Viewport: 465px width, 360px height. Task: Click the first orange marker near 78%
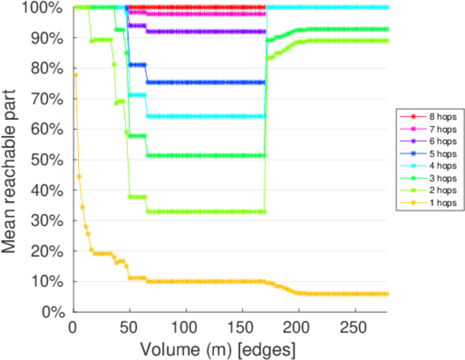pyautogui.click(x=75, y=74)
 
